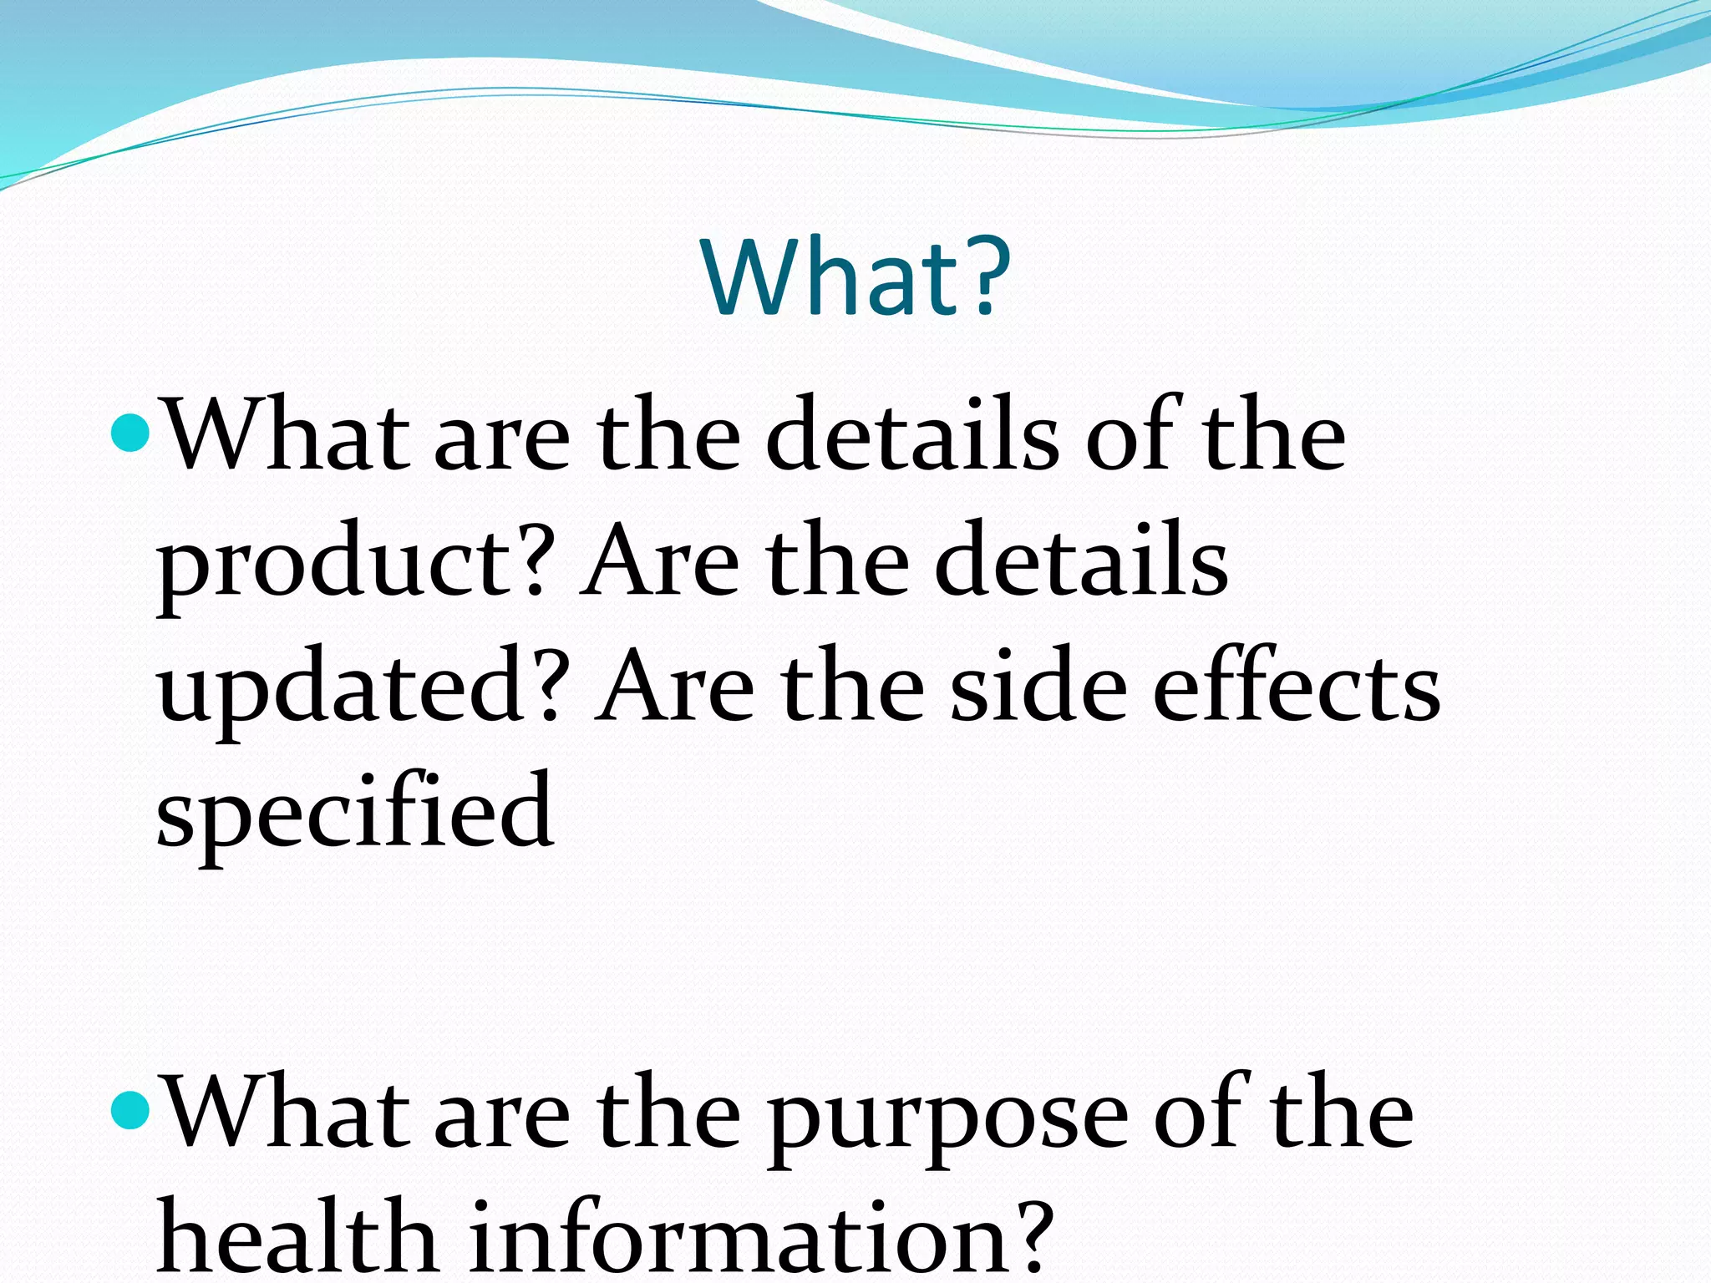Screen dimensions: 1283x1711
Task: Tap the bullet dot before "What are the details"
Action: pos(129,432)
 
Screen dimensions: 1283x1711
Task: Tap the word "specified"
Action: pos(354,814)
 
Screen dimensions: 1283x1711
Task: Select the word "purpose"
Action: pos(948,1119)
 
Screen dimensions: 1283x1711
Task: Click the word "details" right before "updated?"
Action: pos(1081,560)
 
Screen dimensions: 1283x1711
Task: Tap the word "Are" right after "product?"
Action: pos(659,560)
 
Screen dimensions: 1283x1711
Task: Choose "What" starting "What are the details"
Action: pos(284,435)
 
